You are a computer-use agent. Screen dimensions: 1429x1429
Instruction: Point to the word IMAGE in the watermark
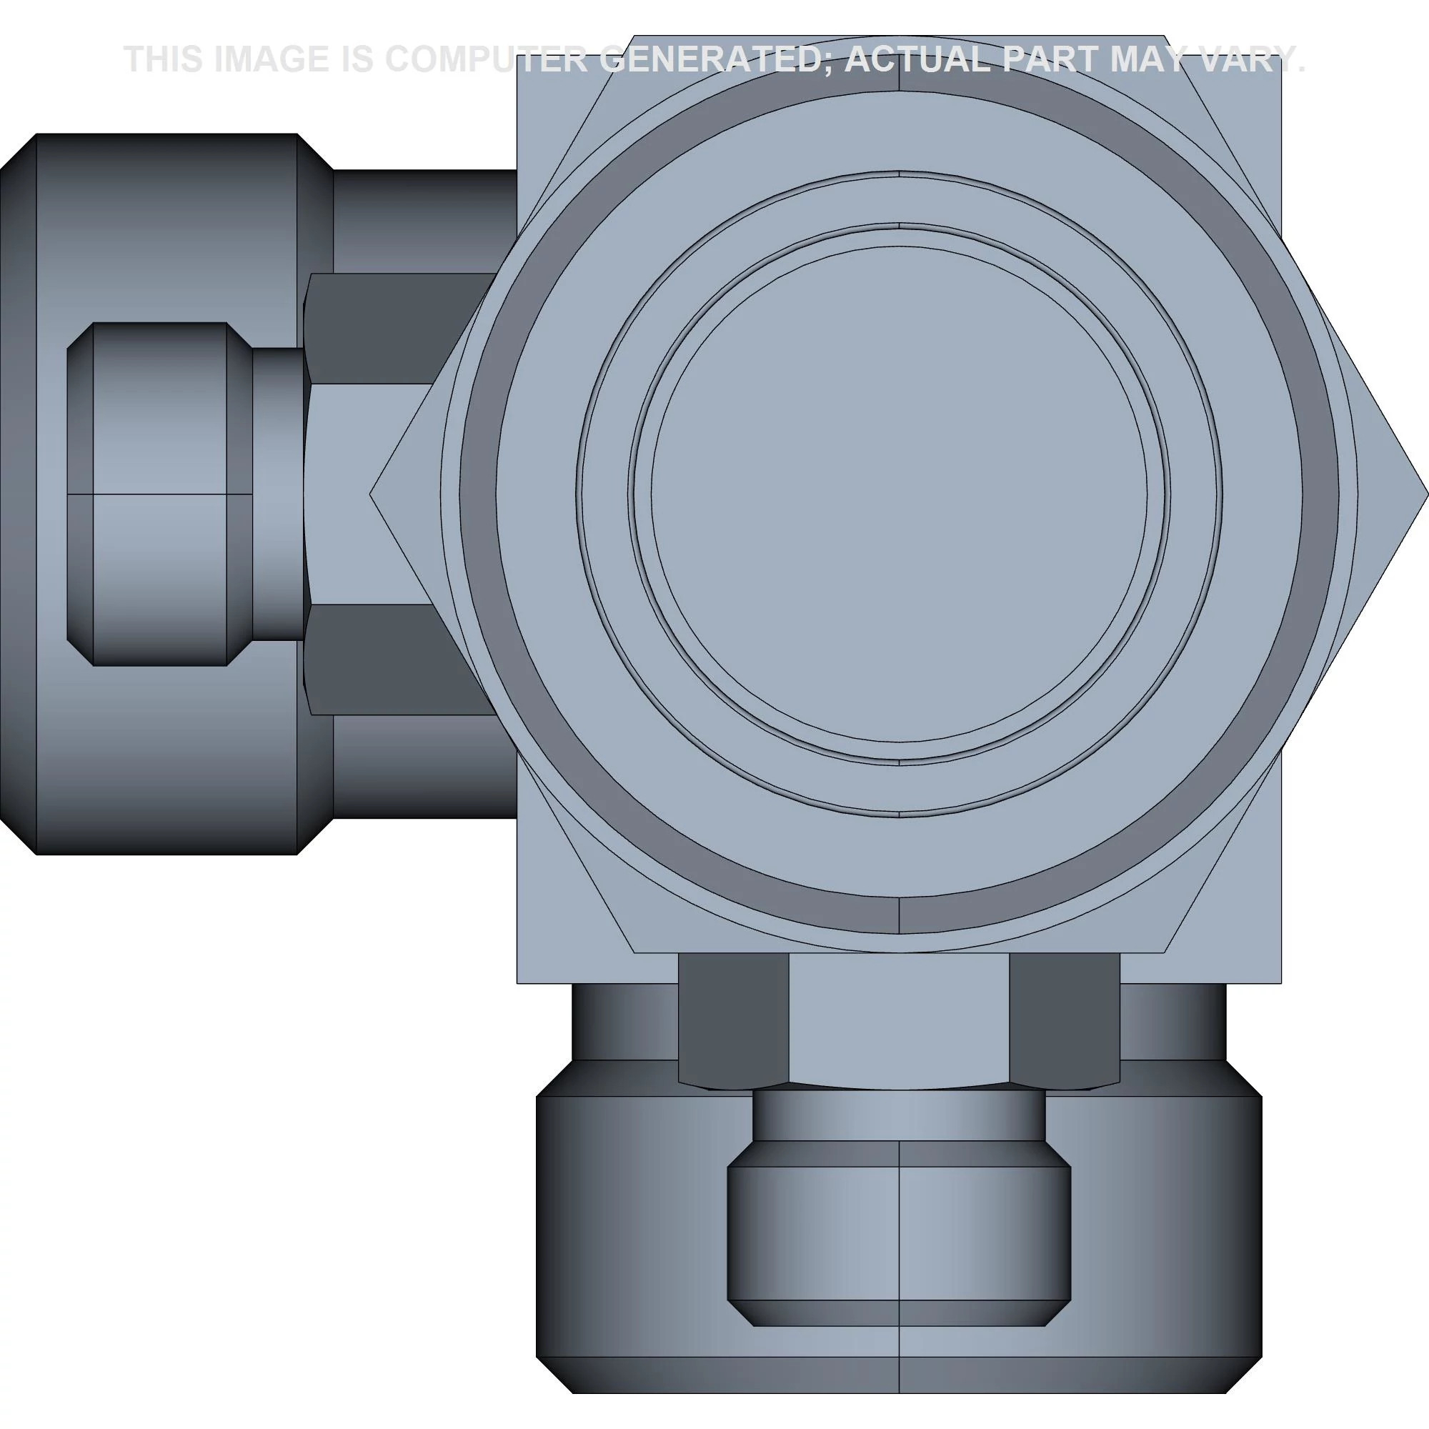point(271,59)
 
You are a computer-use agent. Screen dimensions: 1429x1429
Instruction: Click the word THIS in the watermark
point(164,59)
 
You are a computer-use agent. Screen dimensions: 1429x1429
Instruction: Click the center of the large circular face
point(900,493)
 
